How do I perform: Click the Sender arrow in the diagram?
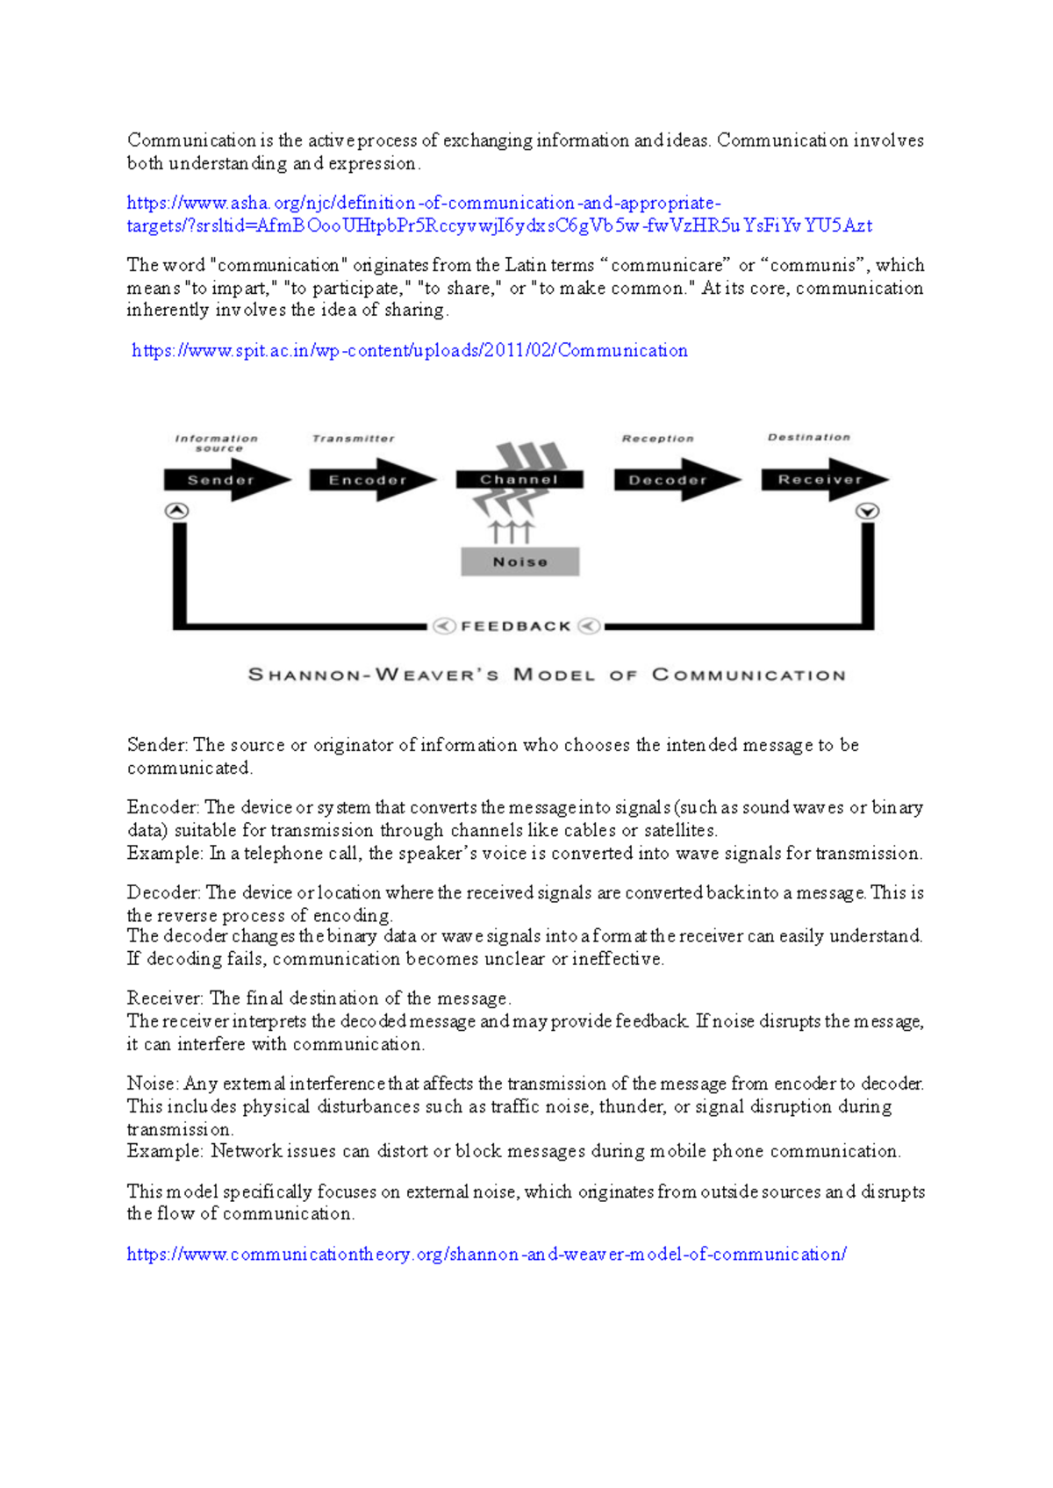click(221, 480)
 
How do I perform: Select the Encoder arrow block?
click(369, 480)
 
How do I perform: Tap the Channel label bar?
click(519, 479)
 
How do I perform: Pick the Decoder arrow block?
click(669, 480)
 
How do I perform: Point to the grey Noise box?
click(519, 562)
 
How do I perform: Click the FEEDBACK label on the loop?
click(516, 626)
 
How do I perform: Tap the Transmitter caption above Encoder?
click(353, 438)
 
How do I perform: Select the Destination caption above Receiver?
click(808, 437)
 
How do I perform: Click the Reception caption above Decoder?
click(657, 438)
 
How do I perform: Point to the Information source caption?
click(217, 442)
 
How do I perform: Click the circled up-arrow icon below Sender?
click(177, 511)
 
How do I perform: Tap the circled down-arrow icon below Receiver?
click(867, 511)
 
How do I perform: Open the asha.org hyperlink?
click(423, 204)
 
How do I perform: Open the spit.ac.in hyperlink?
click(409, 351)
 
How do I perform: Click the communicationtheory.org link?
click(486, 1255)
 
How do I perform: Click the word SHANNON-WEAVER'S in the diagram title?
click(373, 675)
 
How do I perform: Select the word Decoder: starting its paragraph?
click(164, 892)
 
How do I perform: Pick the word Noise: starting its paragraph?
click(153, 1084)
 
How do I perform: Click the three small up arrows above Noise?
click(511, 532)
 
